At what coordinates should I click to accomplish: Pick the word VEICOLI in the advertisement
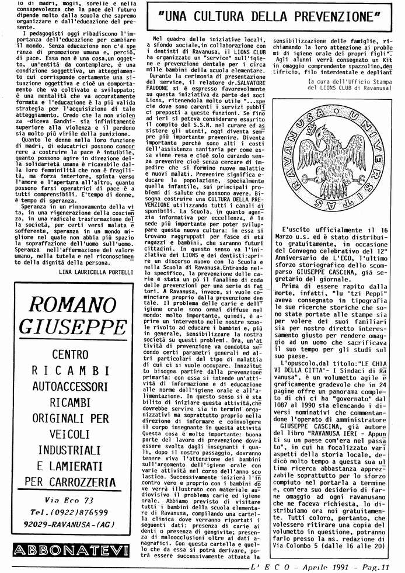click(x=72, y=434)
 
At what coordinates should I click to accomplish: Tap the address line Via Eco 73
click(x=69, y=500)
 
